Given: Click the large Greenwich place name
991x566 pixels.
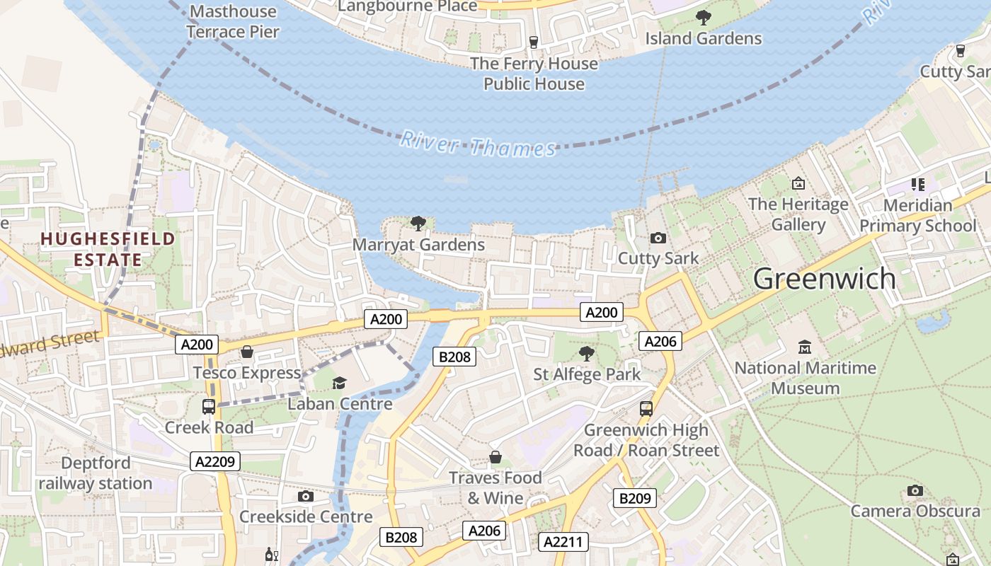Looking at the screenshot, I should coord(824,279).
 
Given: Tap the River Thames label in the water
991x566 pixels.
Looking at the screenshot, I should coord(478,144).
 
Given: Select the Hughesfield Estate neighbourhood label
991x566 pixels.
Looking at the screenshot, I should coord(107,249).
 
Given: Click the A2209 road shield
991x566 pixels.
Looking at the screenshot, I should coord(215,461).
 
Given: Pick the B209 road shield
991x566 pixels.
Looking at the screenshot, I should coord(634,498).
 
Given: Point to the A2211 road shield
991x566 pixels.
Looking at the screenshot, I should coord(563,542).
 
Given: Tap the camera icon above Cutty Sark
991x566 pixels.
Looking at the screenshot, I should coord(658,238).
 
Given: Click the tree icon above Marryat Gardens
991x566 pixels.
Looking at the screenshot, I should coord(418,224).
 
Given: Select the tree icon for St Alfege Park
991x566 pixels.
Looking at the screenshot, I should coord(586,353).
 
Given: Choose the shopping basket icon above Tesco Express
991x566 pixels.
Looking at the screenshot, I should coord(247,352).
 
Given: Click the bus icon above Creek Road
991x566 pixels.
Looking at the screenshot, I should coord(209,407).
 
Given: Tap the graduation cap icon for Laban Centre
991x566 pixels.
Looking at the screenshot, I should coord(340,383).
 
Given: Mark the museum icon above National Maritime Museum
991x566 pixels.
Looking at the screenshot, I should coord(805,347).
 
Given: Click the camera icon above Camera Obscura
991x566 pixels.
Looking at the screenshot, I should coord(915,490).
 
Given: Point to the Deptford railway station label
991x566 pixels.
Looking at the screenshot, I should coord(96,473).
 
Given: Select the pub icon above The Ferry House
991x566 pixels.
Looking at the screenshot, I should coord(534,42).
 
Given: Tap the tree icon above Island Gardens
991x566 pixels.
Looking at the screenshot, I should coord(703,18).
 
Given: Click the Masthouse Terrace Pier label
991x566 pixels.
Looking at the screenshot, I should coord(233,21).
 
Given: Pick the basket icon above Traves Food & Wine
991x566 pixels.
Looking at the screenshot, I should coord(495,457).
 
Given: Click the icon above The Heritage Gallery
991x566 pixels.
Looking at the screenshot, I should coord(798,183).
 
